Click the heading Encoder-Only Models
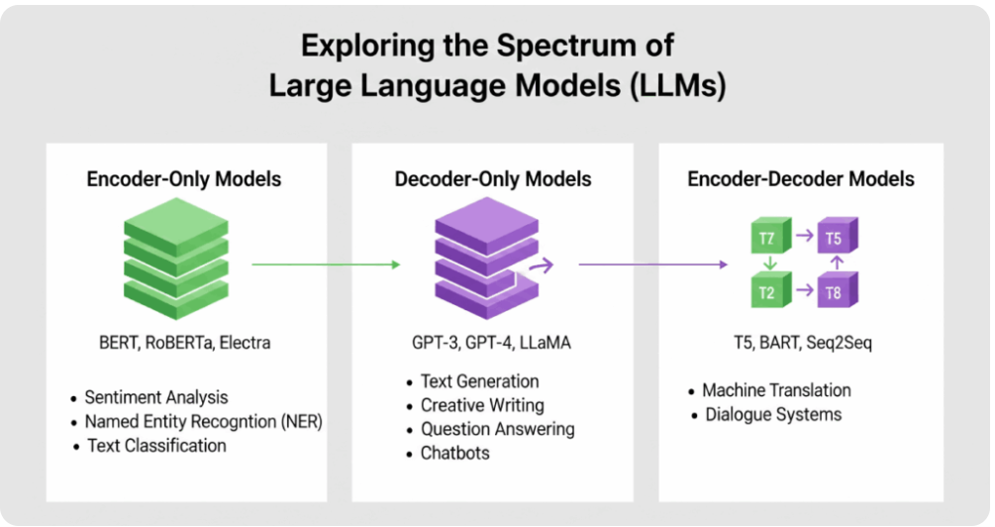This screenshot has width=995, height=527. tap(184, 179)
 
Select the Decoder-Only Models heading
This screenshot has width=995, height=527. tap(493, 179)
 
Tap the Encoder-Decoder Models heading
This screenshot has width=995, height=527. tap(801, 179)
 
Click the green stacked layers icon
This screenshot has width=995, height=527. tap(176, 259)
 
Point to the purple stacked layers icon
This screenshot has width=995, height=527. tap(487, 259)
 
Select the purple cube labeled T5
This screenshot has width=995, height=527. tap(838, 236)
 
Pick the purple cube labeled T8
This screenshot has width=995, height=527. tap(838, 290)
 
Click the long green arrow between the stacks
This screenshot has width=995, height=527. tap(326, 264)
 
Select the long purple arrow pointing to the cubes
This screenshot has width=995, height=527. tap(653, 264)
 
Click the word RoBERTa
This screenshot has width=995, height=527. tap(180, 343)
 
